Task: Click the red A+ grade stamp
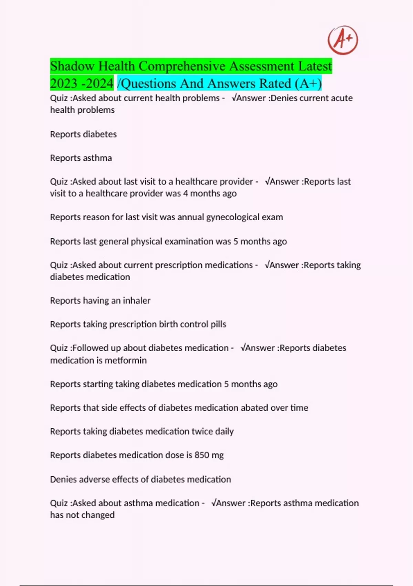(342, 40)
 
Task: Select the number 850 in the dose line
(202, 455)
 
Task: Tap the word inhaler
(137, 301)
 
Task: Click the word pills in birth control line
(218, 324)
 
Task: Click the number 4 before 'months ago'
(186, 193)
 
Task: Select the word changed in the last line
(99, 515)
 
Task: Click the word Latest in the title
(315, 66)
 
